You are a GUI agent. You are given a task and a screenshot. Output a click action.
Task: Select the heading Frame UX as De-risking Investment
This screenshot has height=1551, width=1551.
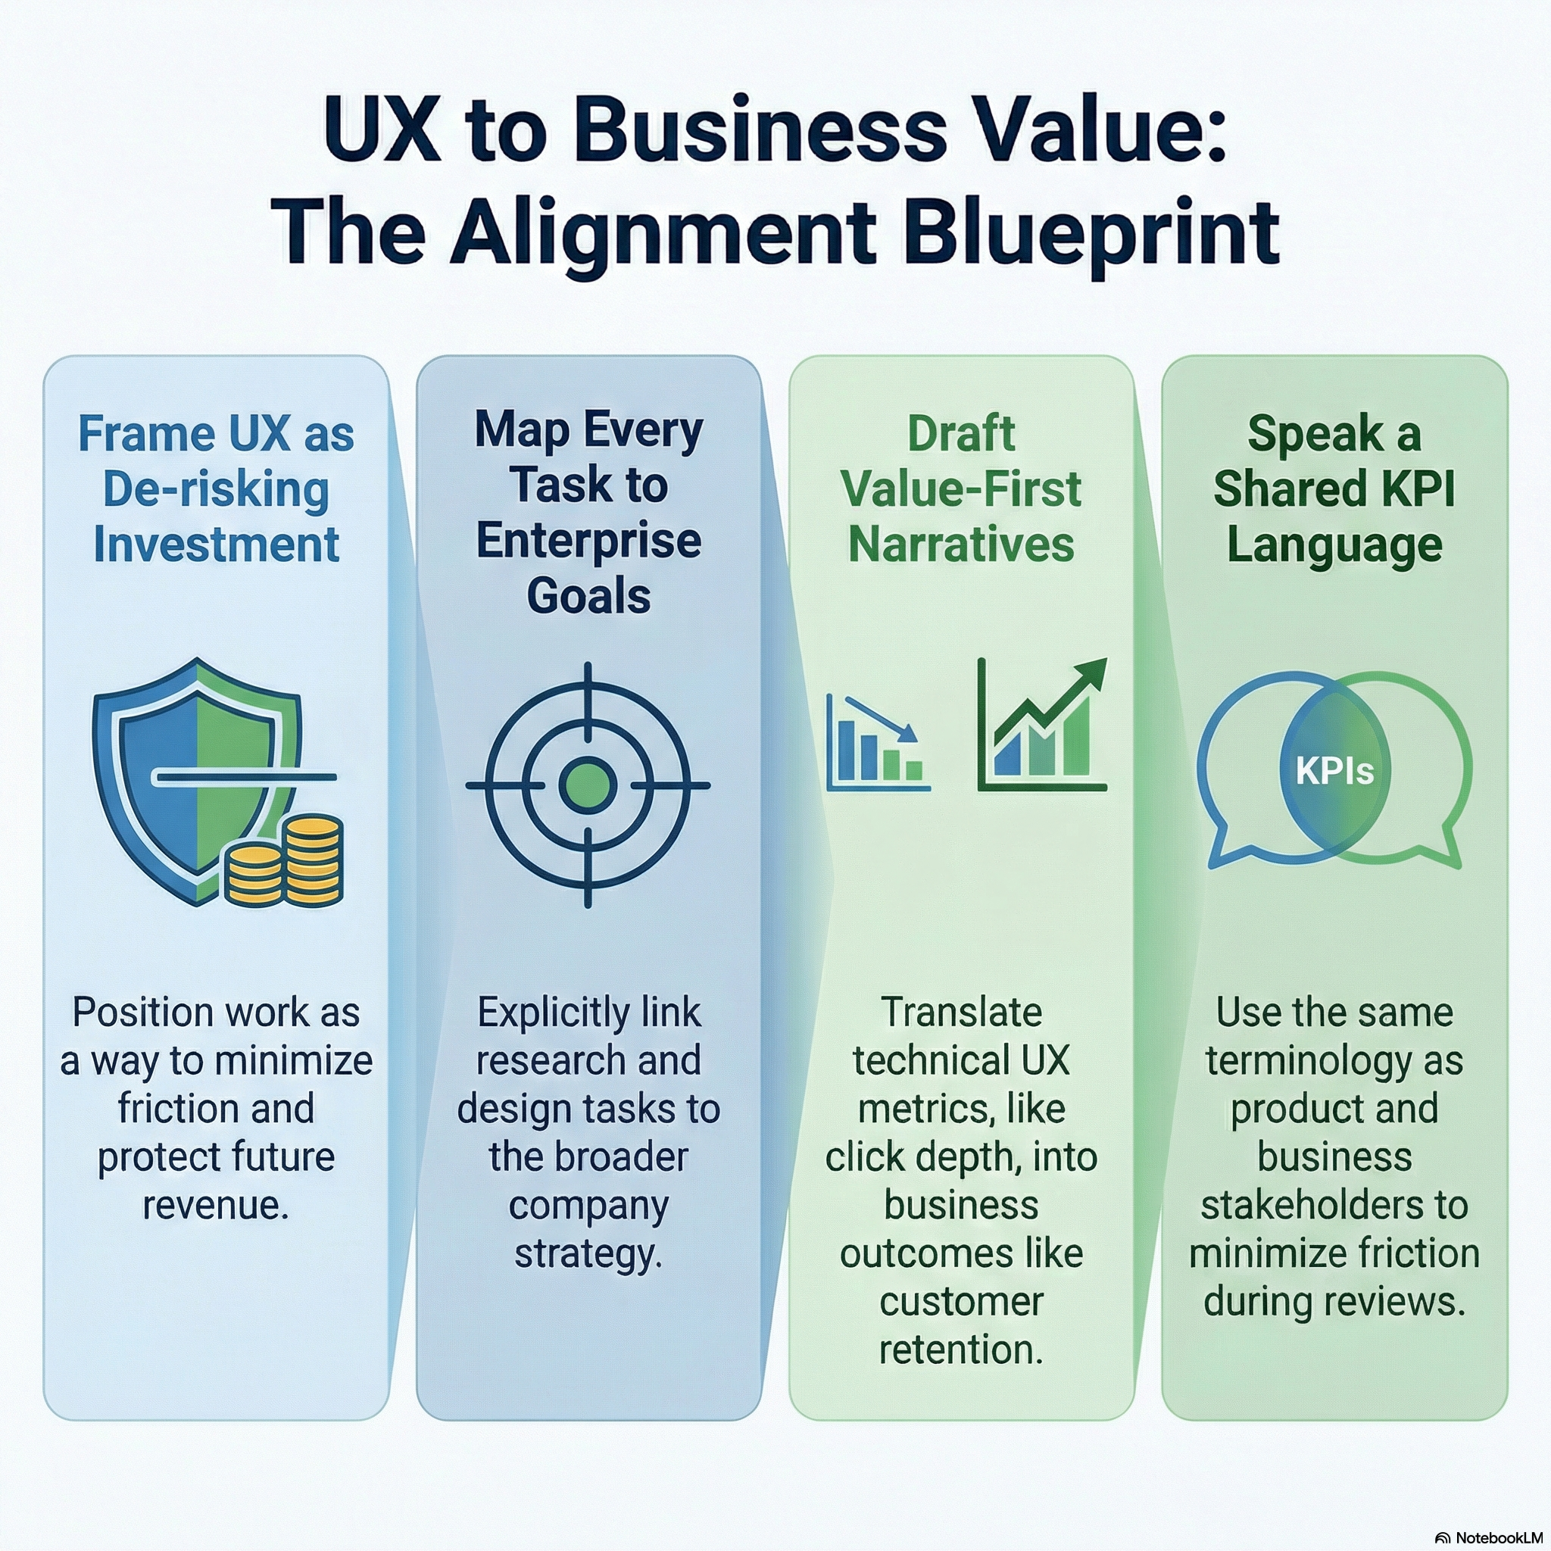(216, 489)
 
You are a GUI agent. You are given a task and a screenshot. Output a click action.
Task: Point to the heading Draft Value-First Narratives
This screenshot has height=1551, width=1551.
(961, 489)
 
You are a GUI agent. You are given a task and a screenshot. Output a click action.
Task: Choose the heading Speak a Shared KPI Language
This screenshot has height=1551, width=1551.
(1334, 489)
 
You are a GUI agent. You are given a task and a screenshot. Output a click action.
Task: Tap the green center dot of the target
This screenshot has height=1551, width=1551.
(588, 785)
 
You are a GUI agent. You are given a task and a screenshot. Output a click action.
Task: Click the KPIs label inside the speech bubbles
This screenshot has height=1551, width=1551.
(1334, 772)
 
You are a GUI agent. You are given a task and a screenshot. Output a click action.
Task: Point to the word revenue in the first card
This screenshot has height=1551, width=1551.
(215, 1205)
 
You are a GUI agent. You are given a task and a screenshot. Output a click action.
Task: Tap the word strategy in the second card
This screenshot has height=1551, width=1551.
(588, 1253)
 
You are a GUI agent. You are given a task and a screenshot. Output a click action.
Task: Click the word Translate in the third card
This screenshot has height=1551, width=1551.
(961, 1013)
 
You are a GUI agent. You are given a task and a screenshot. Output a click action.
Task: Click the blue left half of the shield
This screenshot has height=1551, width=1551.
(157, 771)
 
